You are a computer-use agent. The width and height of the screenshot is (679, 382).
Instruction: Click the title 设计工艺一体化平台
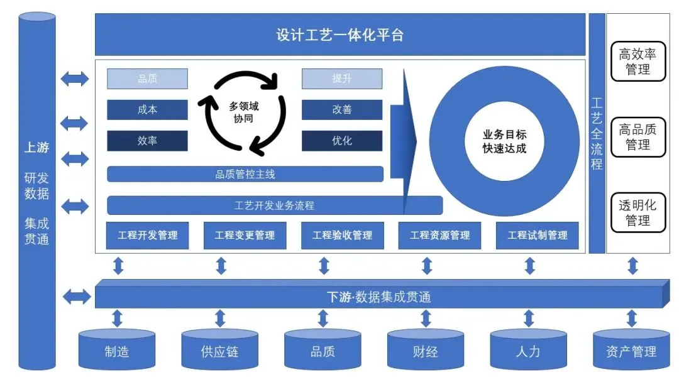(x=340, y=35)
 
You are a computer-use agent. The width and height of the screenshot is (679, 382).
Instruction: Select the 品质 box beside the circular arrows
(x=147, y=79)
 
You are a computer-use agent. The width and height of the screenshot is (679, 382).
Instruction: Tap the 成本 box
(x=147, y=109)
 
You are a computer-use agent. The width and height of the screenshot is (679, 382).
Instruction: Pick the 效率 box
(x=147, y=141)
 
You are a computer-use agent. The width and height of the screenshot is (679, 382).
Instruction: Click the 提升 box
(x=342, y=79)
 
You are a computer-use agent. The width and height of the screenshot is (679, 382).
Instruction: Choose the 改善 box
(x=342, y=109)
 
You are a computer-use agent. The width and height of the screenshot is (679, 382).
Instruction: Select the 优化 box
(x=342, y=141)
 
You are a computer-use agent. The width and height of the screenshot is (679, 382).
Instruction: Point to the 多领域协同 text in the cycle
(x=243, y=112)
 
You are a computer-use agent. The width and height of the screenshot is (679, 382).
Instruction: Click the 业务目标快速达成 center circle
(x=504, y=141)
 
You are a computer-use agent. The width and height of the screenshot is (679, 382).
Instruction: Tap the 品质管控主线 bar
(x=245, y=174)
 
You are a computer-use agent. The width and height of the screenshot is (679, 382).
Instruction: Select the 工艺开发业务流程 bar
(x=275, y=205)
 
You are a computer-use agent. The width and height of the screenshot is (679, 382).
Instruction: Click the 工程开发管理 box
(x=148, y=236)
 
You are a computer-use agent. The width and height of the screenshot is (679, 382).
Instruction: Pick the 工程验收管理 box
(x=342, y=236)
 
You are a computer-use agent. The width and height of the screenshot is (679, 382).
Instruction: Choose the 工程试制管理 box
(x=538, y=236)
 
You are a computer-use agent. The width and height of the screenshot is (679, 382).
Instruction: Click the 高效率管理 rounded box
(x=638, y=62)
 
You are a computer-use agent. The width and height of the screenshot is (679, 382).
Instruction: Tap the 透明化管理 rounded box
(x=638, y=212)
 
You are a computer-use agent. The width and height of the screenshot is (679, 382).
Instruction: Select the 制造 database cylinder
(x=117, y=349)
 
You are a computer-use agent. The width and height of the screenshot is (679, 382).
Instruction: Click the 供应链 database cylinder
(x=220, y=349)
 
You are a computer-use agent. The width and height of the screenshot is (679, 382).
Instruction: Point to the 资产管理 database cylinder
(x=631, y=349)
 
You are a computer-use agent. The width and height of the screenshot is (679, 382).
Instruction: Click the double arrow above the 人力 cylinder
(x=529, y=318)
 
